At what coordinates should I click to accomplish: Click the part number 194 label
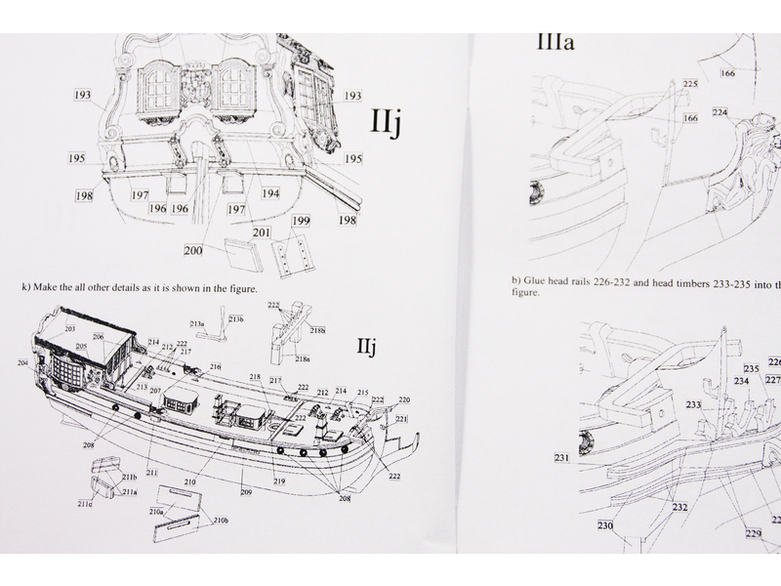pos(270,194)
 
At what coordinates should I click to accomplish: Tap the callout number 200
pos(193,251)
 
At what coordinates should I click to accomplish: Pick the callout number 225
pos(690,85)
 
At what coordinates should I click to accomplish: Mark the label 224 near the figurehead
pos(719,112)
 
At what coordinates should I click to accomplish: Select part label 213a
pos(197,323)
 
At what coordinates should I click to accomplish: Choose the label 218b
pos(318,331)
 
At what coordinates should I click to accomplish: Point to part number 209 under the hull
pos(246,491)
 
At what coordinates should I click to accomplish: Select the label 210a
pos(156,511)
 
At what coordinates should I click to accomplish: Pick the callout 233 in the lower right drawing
pos(693,403)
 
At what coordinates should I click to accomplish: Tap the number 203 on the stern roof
pos(70,329)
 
